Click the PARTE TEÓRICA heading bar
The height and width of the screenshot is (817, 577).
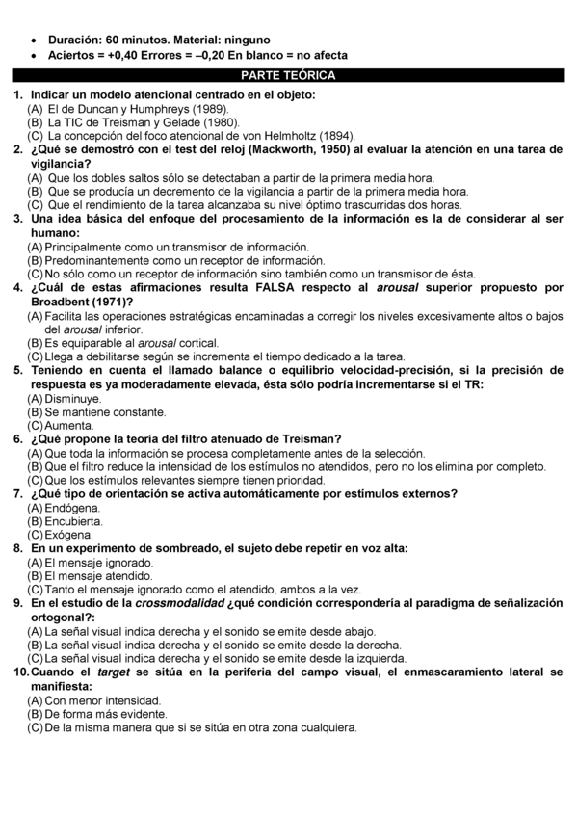click(288, 74)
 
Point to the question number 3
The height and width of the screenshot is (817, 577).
click(17, 219)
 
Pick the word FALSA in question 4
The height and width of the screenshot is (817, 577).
click(274, 287)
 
